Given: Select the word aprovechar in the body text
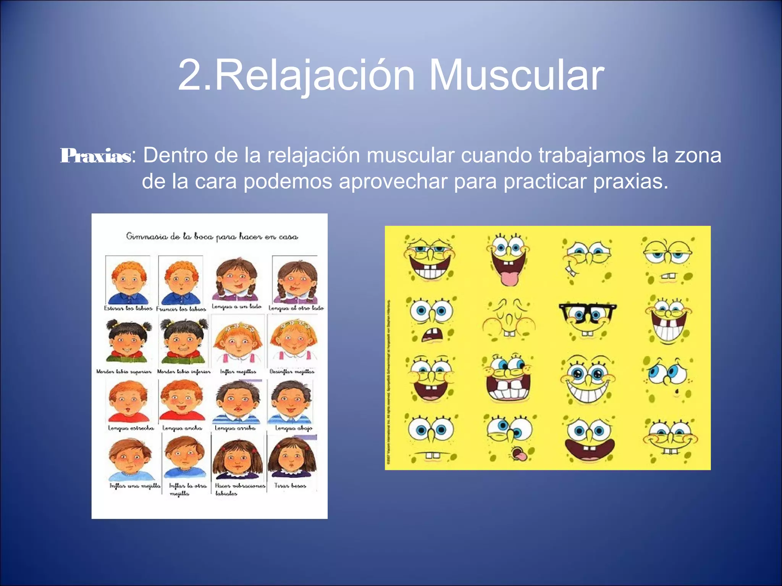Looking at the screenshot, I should click(x=393, y=181).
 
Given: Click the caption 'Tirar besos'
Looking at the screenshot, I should click(x=290, y=486).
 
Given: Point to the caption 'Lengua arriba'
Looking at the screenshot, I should click(x=235, y=428).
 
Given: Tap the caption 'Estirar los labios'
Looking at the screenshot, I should click(x=128, y=308).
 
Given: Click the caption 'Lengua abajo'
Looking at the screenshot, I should click(x=294, y=428).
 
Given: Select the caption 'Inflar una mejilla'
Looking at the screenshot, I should click(x=135, y=486).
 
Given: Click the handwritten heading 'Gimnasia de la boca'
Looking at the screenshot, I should click(x=212, y=237).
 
